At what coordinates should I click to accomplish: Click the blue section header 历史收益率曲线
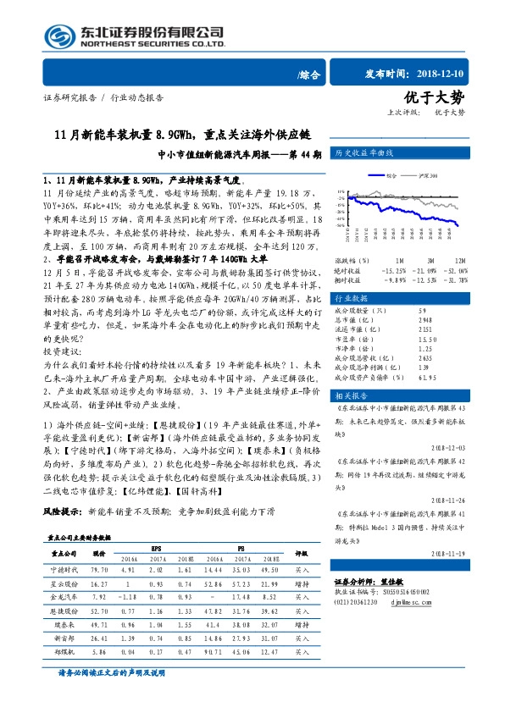pos(365,155)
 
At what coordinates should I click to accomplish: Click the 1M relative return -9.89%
pos(396,279)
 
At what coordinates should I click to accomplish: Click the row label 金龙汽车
pos(65,597)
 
